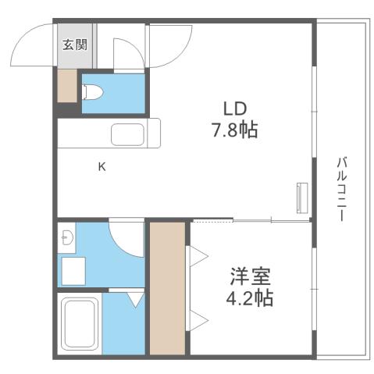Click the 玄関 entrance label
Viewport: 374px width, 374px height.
[x=75, y=44]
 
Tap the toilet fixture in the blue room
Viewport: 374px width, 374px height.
[x=92, y=92]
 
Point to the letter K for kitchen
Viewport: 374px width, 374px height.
[x=102, y=166]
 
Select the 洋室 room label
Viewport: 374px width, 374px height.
[x=251, y=276]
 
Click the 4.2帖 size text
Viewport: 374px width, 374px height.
[x=251, y=297]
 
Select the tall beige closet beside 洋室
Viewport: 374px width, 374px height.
[x=166, y=287]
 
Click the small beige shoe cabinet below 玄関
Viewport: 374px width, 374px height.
[x=67, y=87]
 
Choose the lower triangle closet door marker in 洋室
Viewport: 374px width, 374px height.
[x=196, y=318]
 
